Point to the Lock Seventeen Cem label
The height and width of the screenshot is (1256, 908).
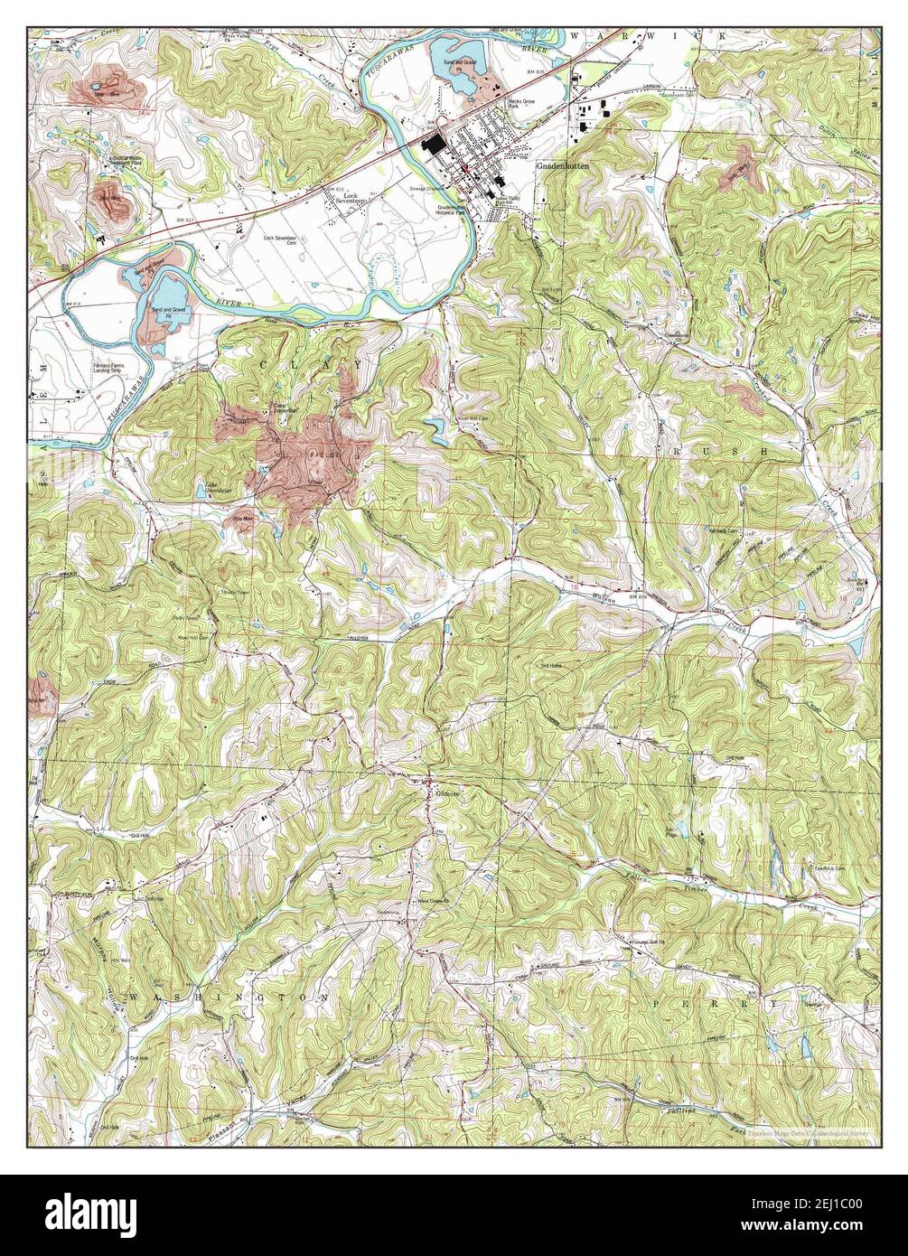coord(280,240)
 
